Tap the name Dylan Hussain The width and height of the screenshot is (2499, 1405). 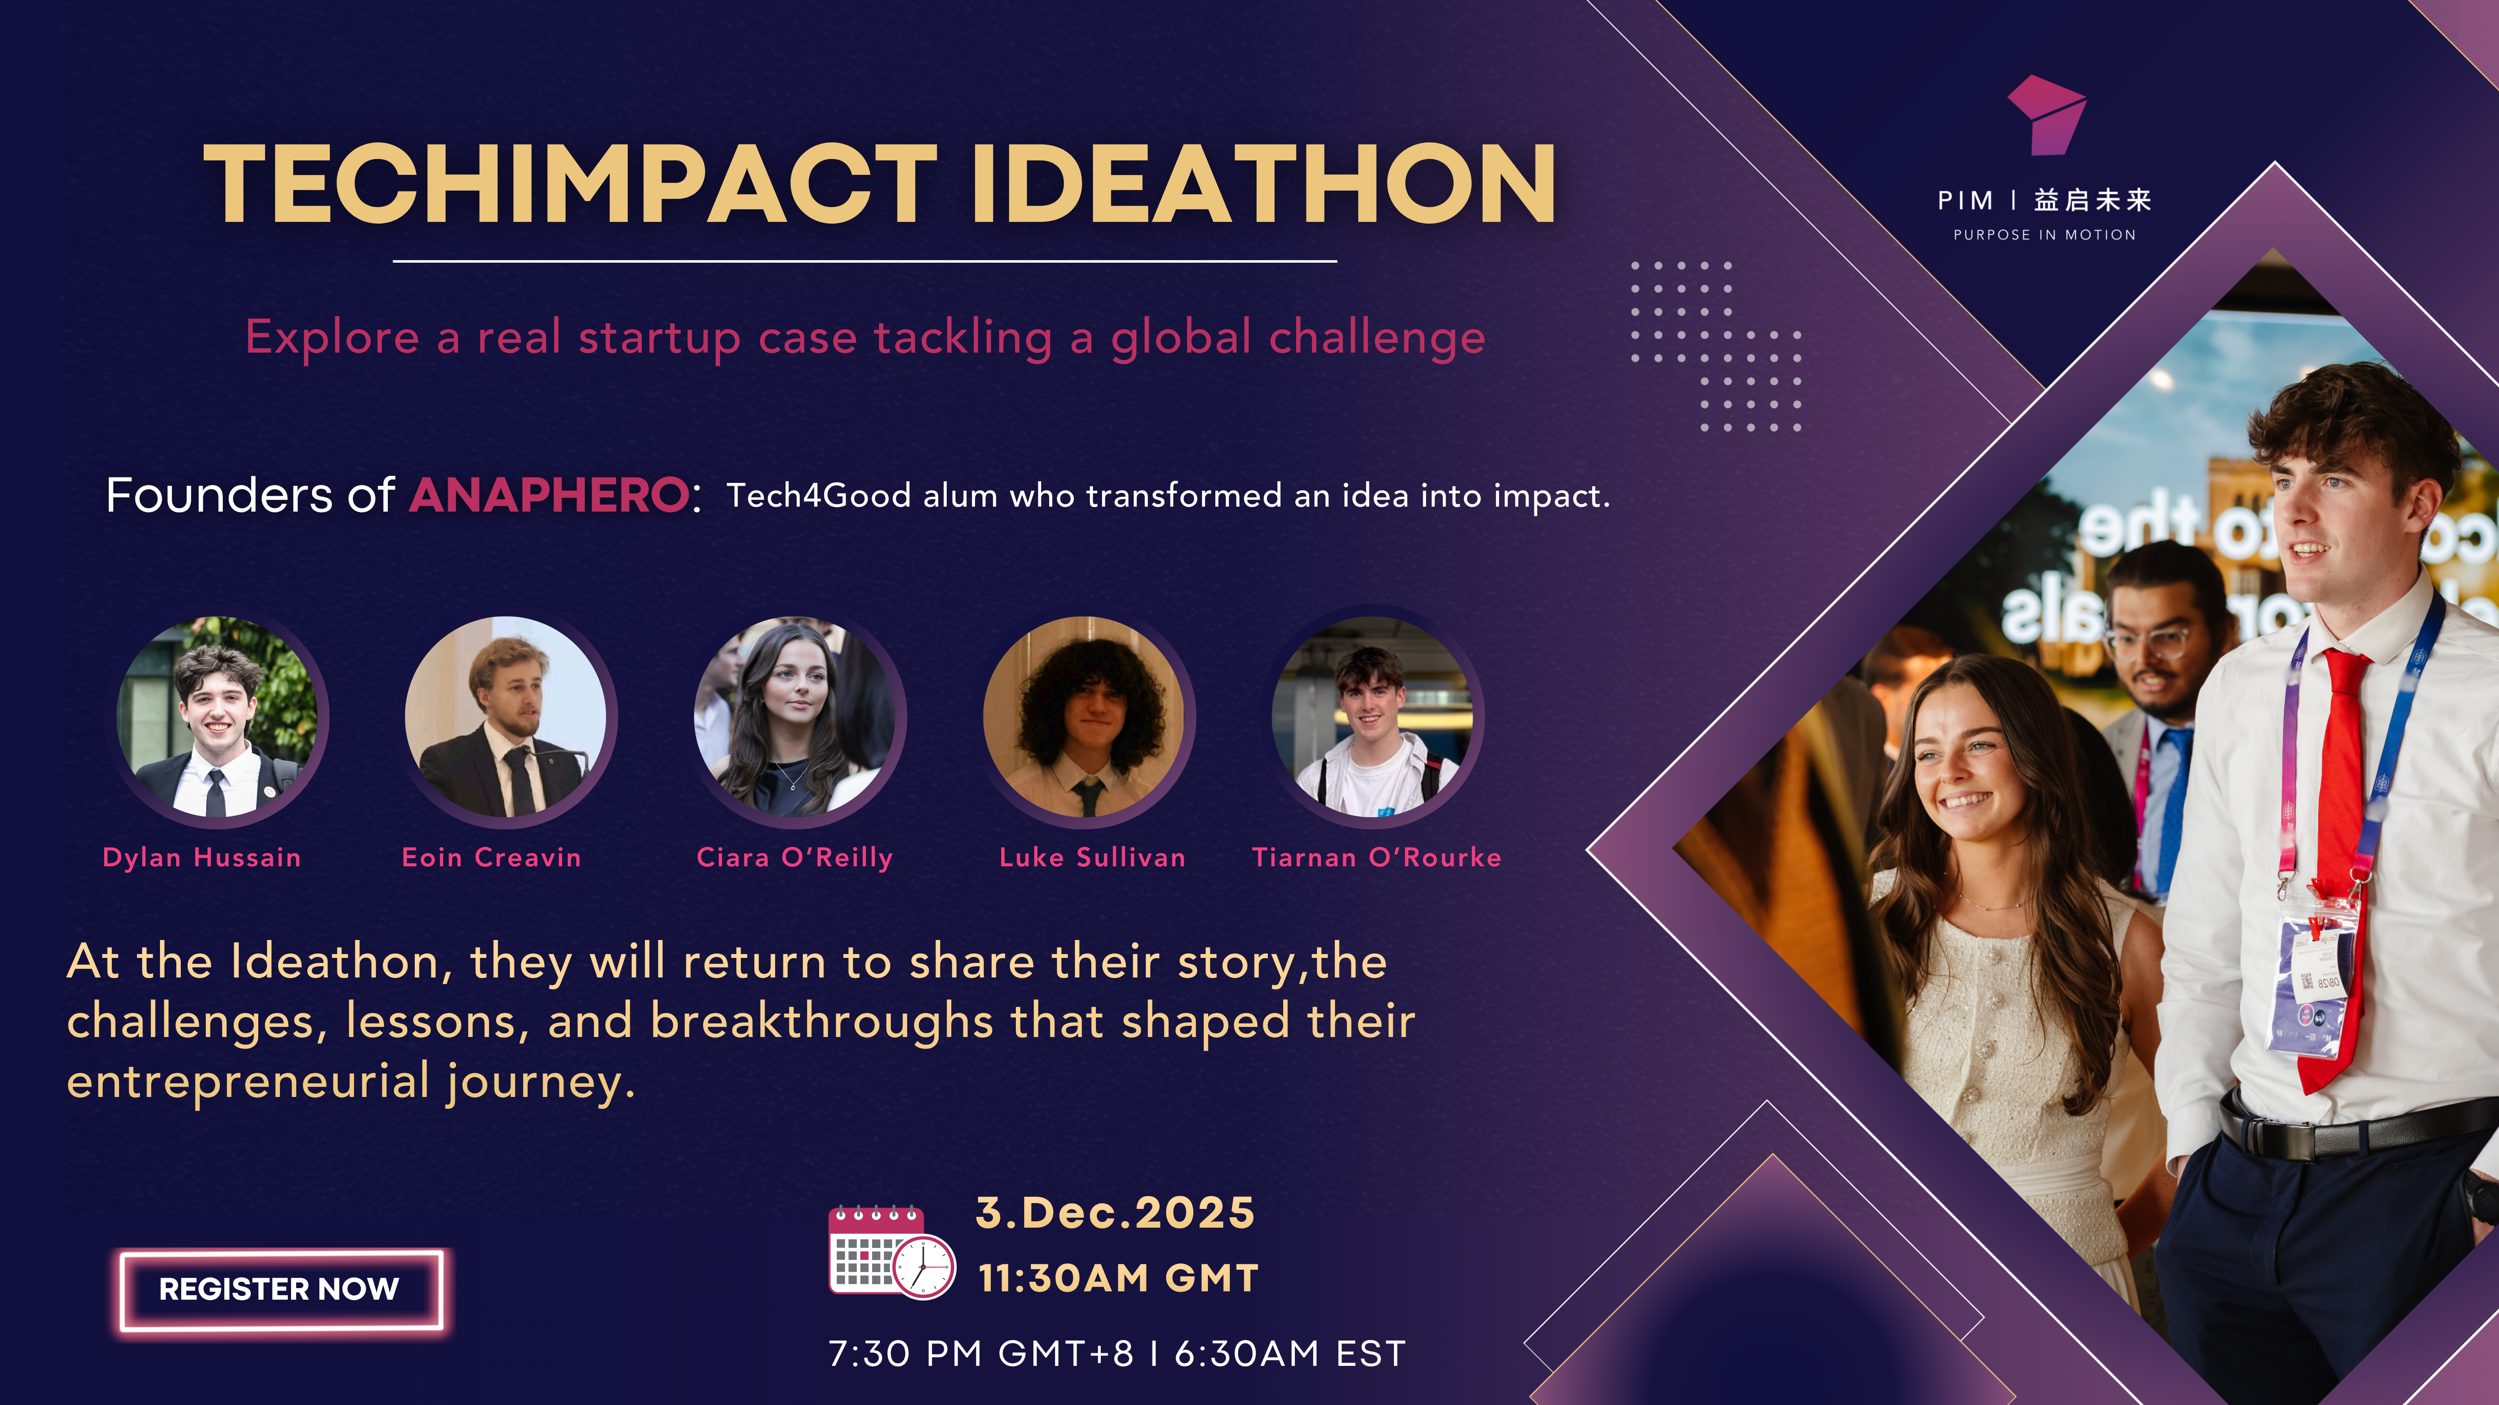[x=202, y=857]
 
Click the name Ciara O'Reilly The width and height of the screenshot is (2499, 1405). [x=795, y=857]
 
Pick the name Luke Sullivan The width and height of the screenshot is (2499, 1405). [x=1092, y=857]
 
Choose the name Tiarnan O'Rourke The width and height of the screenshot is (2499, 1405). [x=1377, y=857]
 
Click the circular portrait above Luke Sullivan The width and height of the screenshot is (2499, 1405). [x=1087, y=718]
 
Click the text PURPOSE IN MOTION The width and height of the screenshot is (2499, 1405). [x=2045, y=235]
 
